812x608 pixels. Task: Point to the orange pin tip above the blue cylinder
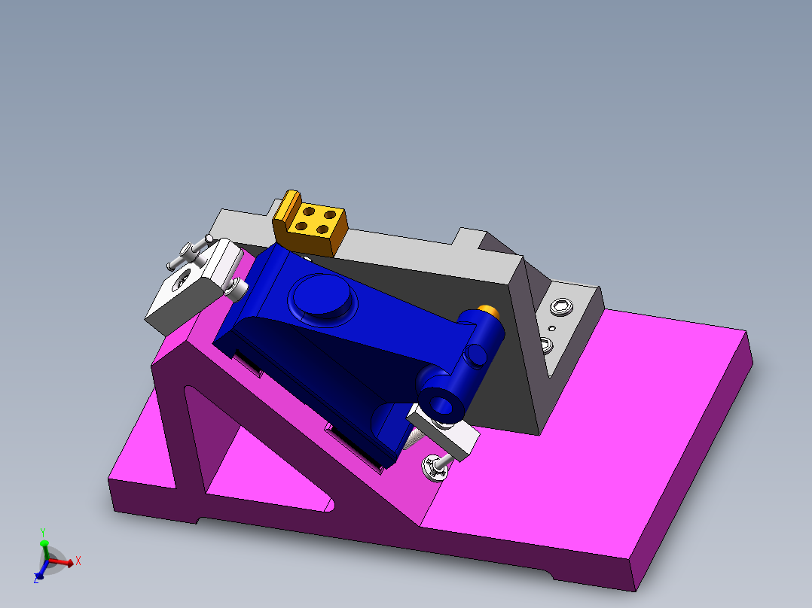pos(489,309)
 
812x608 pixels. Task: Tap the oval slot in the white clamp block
pos(182,282)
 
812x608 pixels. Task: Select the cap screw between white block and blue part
pos(237,287)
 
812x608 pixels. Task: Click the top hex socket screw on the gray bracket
pos(560,306)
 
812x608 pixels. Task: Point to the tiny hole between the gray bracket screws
pos(552,329)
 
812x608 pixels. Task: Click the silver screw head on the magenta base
pos(435,467)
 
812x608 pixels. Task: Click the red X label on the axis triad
pos(78,561)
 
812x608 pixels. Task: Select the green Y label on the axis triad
pos(44,531)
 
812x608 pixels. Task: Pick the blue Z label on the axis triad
pos(35,579)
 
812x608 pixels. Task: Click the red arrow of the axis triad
pos(64,561)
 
